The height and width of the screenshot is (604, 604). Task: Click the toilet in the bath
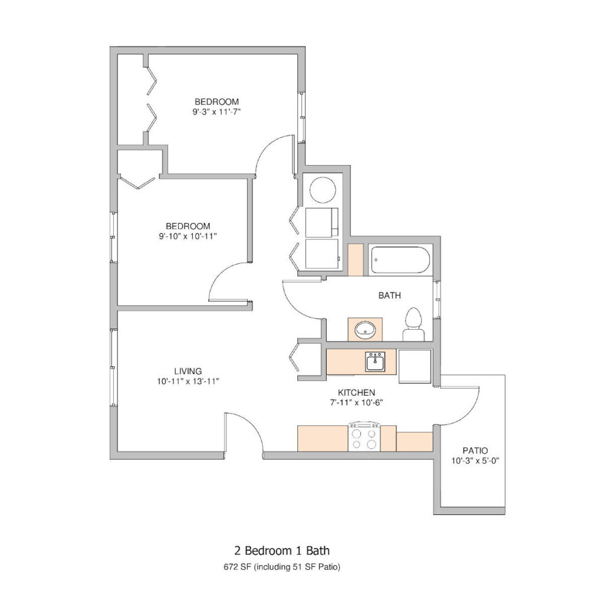(413, 325)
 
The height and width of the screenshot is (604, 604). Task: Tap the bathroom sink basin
(365, 330)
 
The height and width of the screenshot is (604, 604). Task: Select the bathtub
(401, 260)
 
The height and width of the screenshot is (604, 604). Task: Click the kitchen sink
(375, 362)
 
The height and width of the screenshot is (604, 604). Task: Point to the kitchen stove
(364, 436)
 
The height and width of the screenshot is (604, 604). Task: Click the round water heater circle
(323, 189)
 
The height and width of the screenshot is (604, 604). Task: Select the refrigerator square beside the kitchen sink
(415, 366)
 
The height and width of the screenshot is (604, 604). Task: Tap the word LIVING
(188, 371)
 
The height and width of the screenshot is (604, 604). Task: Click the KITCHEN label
(356, 392)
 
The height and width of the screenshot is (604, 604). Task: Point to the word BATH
(389, 296)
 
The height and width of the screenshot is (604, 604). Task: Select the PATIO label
(475, 450)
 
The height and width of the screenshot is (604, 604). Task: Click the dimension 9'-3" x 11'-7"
(216, 112)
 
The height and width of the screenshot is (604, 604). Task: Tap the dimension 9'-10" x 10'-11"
(188, 236)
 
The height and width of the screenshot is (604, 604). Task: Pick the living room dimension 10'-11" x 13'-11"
(188, 382)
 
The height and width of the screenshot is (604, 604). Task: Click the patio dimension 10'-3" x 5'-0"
(475, 461)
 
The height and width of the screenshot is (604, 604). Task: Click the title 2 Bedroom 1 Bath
(282, 550)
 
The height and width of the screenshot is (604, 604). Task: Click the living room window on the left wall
(113, 367)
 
